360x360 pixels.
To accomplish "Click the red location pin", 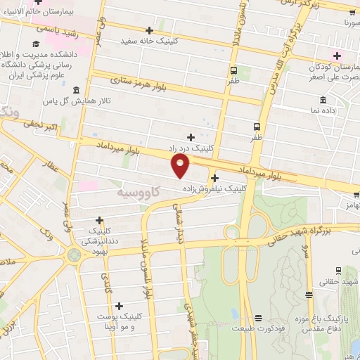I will pos(181,166).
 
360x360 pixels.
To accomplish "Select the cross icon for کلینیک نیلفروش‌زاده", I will pos(214,179).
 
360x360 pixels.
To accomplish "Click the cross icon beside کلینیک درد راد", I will pos(191,137).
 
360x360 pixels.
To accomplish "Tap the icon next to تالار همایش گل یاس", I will pos(76,91).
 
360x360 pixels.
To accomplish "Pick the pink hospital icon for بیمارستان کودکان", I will pos(337,56).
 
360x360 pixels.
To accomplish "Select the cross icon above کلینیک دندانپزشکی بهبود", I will pos(99,221).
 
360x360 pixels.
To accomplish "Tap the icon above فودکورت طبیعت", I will pos(259,317).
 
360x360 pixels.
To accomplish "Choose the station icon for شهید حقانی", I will pos(338,270).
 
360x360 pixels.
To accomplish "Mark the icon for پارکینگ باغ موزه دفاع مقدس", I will pos(308,294).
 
